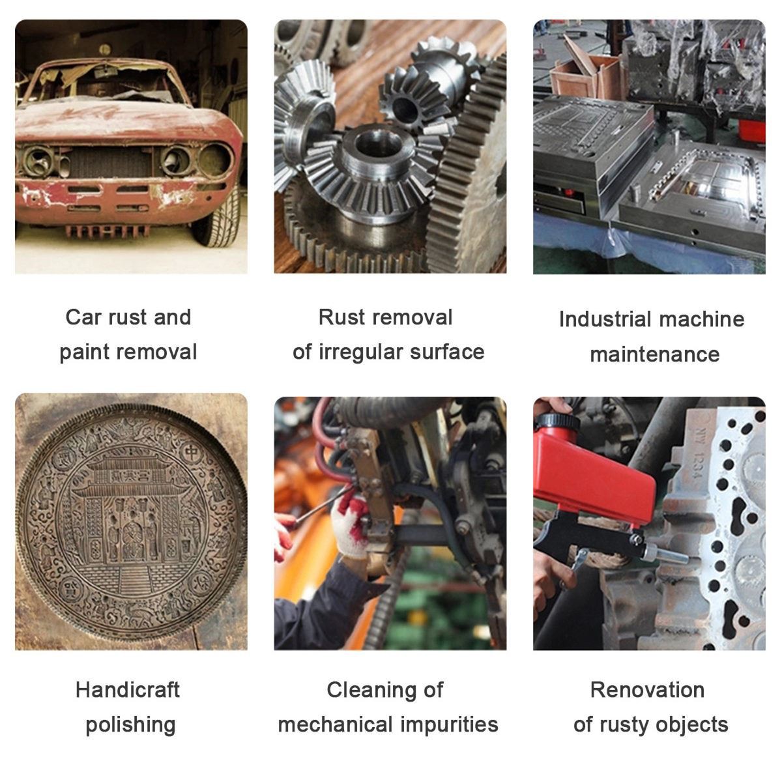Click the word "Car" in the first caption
pyautogui.click(x=83, y=317)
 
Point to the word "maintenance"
pyautogui.click(x=655, y=355)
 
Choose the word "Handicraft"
pyautogui.click(x=127, y=691)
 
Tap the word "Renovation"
pyautogui.click(x=647, y=691)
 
